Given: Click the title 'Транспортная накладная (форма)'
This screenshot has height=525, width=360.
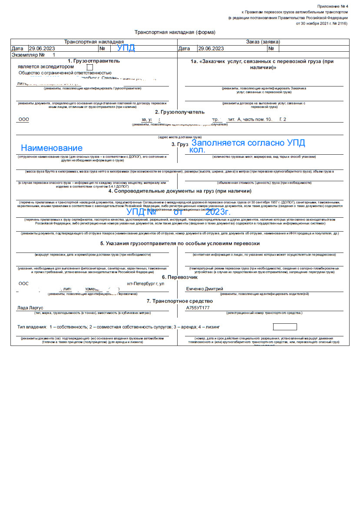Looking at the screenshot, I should (x=175, y=33).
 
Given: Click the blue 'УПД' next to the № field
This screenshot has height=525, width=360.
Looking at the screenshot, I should (x=126, y=48).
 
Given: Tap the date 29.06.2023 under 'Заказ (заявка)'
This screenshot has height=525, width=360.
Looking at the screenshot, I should (x=211, y=49).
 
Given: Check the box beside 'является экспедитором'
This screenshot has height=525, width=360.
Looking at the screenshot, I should (x=90, y=67).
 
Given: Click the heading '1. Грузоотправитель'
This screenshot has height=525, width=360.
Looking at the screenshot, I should (x=94, y=61).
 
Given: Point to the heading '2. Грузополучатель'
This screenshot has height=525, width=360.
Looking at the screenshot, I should (x=180, y=112).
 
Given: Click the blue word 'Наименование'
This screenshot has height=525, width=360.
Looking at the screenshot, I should (x=52, y=148).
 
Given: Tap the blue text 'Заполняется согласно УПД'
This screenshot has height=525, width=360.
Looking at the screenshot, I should (x=248, y=143).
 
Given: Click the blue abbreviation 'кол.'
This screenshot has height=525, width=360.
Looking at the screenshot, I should (x=198, y=150).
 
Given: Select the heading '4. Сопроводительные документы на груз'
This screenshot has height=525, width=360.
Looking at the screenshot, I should (x=180, y=191).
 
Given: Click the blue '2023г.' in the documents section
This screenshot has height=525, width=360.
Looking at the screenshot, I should (x=218, y=212).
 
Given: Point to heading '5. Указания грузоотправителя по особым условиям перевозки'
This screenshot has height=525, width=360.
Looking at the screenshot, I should (x=180, y=243).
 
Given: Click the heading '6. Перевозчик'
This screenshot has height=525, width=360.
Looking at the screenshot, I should (x=180, y=277).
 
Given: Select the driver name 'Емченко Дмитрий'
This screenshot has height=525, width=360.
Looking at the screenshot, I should (x=205, y=289).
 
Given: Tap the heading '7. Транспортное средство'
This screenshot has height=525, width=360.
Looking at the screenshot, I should (x=180, y=301).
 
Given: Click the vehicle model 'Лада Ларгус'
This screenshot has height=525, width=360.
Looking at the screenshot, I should (x=30, y=308).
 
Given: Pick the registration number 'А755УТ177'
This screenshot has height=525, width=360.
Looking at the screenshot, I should (x=198, y=308).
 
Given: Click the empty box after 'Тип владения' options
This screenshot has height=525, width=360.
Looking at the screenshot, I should (x=285, y=327).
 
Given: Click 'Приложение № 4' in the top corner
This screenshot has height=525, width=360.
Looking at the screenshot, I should (x=333, y=6).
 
